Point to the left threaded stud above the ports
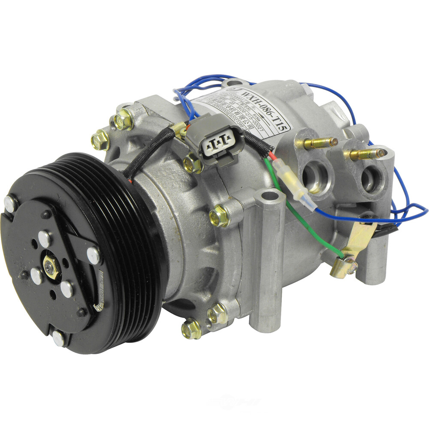(320, 143)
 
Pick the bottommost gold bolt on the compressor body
(191, 329)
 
